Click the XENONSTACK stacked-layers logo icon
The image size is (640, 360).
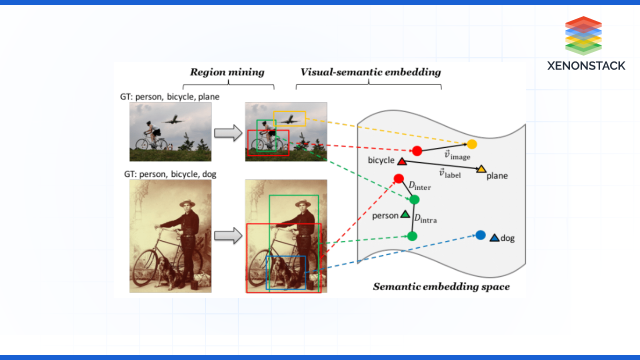(x=583, y=35)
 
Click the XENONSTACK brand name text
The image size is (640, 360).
(x=586, y=65)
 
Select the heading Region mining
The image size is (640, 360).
(x=227, y=72)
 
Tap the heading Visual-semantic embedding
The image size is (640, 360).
(x=370, y=72)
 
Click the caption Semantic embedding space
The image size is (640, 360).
(x=441, y=286)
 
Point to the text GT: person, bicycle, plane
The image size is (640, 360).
(x=169, y=96)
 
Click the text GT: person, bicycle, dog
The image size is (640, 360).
(x=170, y=174)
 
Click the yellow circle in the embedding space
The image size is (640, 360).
(x=472, y=144)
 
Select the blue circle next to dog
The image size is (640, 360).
(x=480, y=235)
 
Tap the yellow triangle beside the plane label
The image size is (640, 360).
(x=481, y=169)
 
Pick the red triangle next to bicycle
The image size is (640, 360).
(x=401, y=161)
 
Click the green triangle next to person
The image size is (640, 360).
(x=405, y=215)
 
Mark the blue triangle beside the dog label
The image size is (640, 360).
(x=494, y=238)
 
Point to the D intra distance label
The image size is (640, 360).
(x=425, y=217)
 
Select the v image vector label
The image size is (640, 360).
(x=457, y=155)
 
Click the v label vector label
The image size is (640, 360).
(x=449, y=173)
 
